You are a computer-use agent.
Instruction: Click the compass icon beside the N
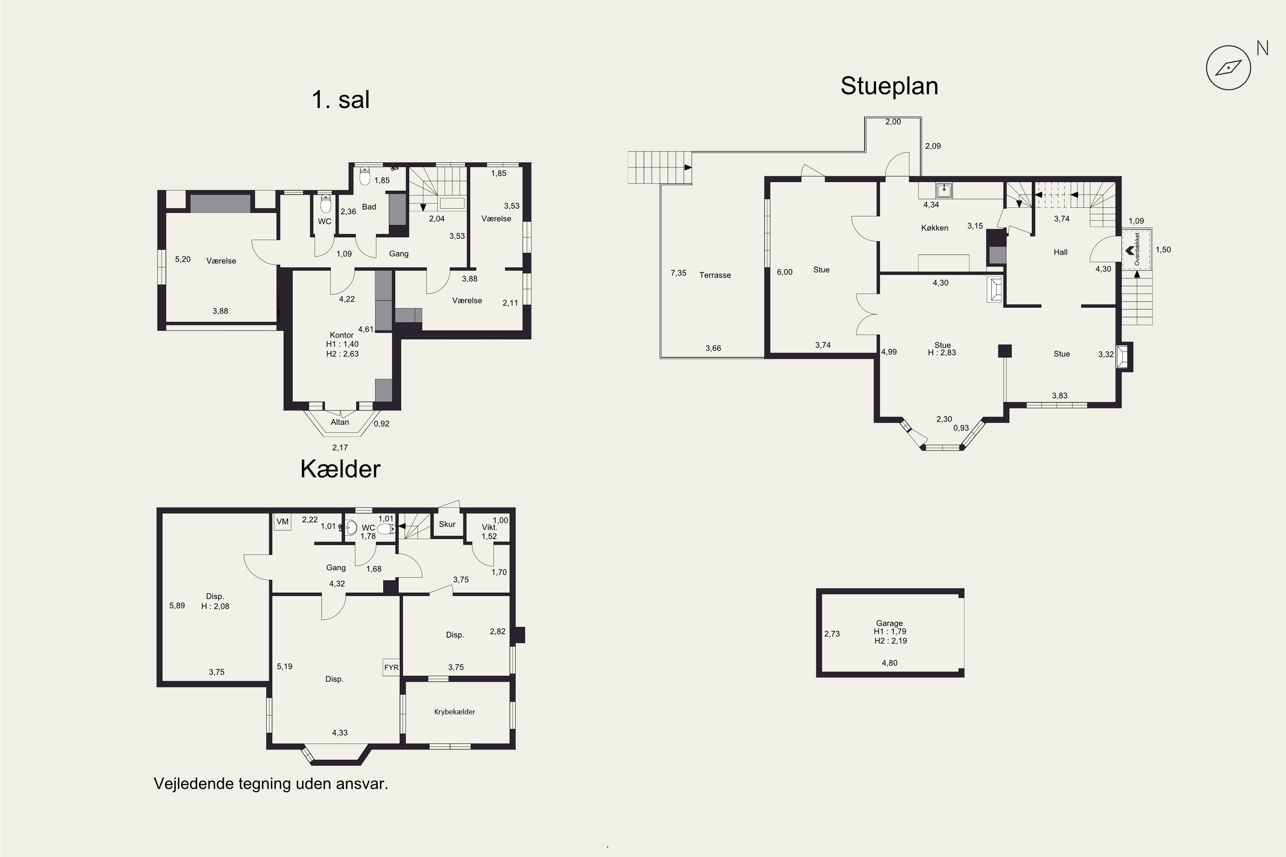click(x=1228, y=68)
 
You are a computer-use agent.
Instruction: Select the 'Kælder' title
click(x=340, y=469)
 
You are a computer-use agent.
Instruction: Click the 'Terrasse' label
click(x=715, y=275)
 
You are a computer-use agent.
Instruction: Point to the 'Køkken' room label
click(x=934, y=228)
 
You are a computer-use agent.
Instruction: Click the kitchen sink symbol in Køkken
click(x=944, y=190)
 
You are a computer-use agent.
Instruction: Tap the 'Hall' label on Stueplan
click(x=1060, y=252)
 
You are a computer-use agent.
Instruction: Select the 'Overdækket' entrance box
click(x=1137, y=249)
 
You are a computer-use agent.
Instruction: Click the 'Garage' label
click(x=889, y=623)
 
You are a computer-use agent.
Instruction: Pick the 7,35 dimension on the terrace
click(x=678, y=273)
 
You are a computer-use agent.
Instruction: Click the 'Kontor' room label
click(x=341, y=335)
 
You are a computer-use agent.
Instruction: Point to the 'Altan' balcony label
click(x=340, y=422)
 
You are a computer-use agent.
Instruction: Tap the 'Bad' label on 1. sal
click(x=369, y=207)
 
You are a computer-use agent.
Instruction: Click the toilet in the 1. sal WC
click(x=325, y=204)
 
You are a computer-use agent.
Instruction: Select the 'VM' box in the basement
click(x=282, y=521)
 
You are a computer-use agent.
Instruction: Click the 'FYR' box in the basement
click(x=391, y=667)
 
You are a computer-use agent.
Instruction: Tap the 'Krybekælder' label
click(x=454, y=712)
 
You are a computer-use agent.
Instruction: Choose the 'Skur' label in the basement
click(x=447, y=524)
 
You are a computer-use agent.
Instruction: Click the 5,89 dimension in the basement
click(x=177, y=605)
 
